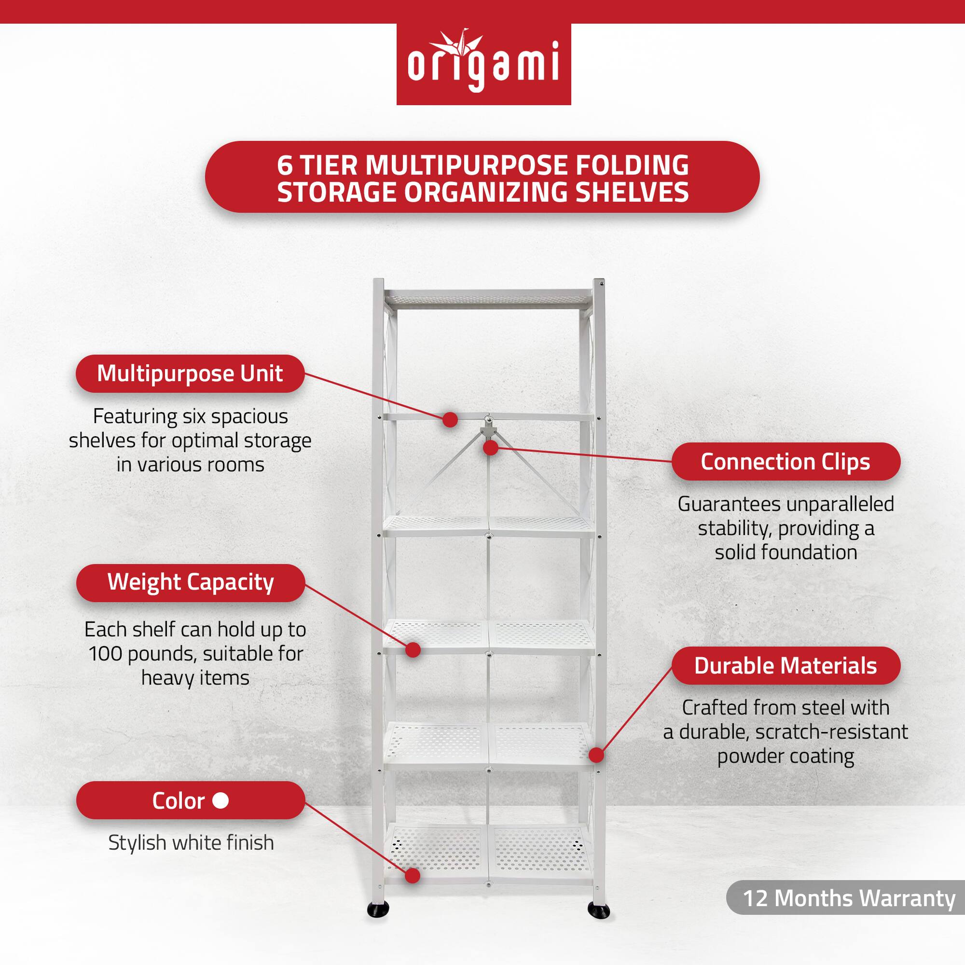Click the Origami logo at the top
coord(483,65)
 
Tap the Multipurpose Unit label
coord(190,373)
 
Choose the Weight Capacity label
coord(190,582)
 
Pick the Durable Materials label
coord(785,666)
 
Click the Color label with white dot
coord(190,800)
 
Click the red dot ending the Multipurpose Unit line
coord(450,420)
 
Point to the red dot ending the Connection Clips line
coord(491,448)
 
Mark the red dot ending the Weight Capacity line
coord(413,650)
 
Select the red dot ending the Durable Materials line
coord(596,755)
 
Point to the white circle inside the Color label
coord(221,800)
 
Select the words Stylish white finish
coord(191,842)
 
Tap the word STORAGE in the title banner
coord(337,193)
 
